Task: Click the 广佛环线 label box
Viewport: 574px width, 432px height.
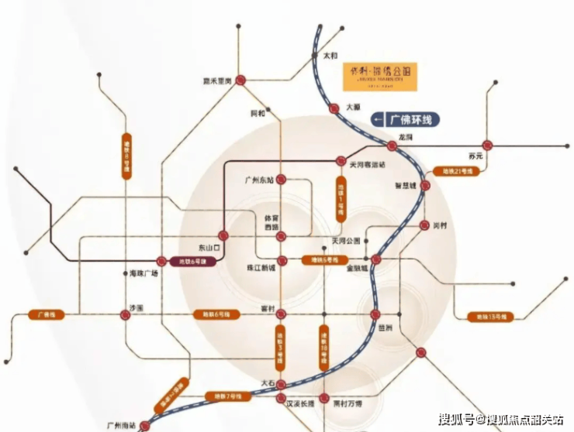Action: coord(406,119)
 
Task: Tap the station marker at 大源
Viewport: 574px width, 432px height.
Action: coord(334,108)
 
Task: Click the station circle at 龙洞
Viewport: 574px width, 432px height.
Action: coord(392,146)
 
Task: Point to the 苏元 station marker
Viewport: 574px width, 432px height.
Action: coord(487,145)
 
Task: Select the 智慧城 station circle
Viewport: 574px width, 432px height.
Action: coord(425,186)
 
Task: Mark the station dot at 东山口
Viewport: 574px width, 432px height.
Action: coord(222,235)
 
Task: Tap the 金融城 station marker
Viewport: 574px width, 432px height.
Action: coord(375,259)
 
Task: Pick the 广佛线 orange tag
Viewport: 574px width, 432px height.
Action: coord(45,315)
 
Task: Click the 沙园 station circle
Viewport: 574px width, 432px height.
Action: coord(125,314)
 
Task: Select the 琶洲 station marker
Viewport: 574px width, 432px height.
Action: coord(375,314)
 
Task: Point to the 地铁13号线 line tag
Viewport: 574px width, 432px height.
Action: coord(489,316)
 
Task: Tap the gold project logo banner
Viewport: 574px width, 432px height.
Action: coord(380,77)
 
